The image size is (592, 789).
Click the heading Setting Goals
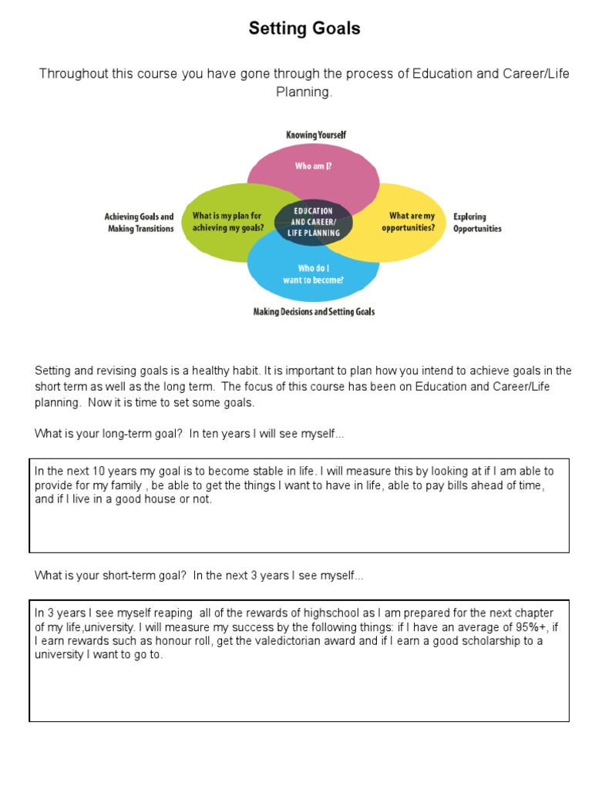point(304,29)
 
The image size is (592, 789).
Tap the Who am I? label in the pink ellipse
point(314,165)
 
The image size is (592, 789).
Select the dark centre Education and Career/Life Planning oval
point(313,221)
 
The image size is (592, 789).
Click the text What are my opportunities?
point(412,222)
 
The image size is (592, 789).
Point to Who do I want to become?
point(321,274)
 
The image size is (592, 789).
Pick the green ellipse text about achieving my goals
point(228,222)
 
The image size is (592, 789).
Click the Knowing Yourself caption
point(316,135)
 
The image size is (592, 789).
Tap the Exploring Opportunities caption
point(477,223)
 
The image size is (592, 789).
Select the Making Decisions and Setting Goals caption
point(314,312)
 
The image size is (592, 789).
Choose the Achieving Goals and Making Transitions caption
point(139,223)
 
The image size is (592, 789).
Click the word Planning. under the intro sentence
point(304,92)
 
